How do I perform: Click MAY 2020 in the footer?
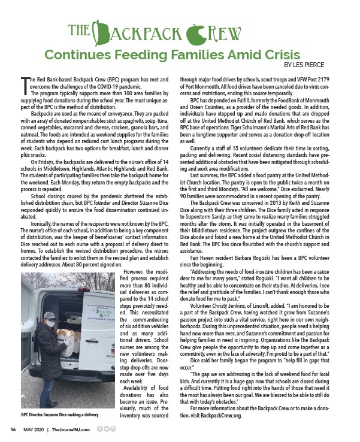tap(38, 429)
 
